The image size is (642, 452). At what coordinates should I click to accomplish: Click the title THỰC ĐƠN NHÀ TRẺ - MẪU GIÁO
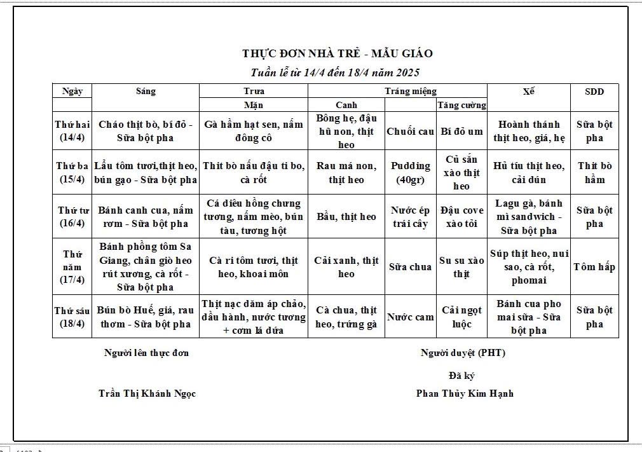[x=337, y=53]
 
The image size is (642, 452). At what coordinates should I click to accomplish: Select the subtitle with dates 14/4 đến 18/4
[x=336, y=72]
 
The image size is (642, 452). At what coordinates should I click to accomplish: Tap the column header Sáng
[x=146, y=92]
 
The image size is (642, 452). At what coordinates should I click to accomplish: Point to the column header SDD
[x=594, y=92]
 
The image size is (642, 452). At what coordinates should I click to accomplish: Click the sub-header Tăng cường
[x=462, y=106]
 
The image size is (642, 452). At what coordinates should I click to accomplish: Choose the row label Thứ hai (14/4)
[x=72, y=131]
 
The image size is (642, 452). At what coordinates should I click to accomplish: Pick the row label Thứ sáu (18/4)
[x=72, y=317]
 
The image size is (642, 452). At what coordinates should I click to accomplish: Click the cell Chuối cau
[x=410, y=132]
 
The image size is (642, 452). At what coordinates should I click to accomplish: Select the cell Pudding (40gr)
[x=410, y=172]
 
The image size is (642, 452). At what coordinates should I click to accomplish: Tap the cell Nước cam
[x=410, y=317]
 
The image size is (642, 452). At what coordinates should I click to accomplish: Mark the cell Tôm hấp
[x=594, y=267]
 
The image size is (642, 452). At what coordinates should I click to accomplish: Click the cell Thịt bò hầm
[x=594, y=172]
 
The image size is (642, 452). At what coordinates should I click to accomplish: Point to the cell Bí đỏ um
[x=462, y=132]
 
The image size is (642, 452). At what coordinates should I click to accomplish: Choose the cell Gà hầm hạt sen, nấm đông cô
[x=254, y=131]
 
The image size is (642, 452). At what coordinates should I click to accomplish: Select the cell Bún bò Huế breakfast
[x=146, y=317]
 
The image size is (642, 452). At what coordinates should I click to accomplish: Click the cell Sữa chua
[x=410, y=267]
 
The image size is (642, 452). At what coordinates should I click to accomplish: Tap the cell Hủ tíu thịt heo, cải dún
[x=528, y=172]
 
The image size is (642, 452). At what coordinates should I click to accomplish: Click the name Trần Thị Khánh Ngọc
[x=147, y=394]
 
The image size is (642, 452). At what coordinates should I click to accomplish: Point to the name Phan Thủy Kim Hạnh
[x=465, y=394]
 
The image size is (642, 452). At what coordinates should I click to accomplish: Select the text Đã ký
[x=461, y=376]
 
